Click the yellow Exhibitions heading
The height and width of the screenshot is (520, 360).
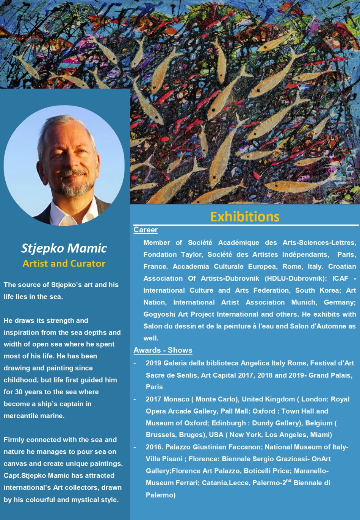[245, 217]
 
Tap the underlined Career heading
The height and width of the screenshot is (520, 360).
[146, 230]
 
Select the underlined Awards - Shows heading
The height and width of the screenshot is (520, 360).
[163, 350]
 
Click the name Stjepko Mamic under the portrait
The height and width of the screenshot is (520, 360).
[64, 248]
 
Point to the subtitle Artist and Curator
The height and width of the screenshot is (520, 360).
[64, 264]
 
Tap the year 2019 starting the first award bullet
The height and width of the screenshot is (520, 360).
[153, 363]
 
